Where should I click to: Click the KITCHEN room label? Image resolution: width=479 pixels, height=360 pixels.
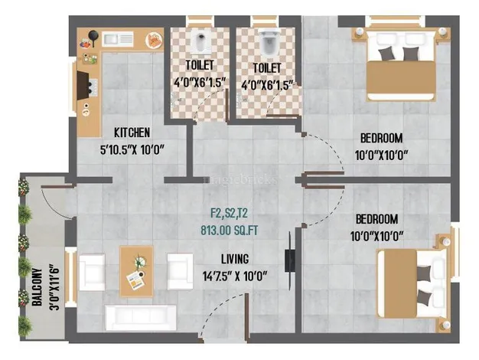point(132,133)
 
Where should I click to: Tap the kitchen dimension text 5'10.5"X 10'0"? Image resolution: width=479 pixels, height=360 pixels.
point(132,150)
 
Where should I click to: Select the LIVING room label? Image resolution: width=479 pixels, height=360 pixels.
point(235,259)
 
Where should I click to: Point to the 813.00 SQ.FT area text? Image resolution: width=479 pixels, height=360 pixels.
point(230,231)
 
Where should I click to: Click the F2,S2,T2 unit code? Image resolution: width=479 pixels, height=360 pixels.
point(229,213)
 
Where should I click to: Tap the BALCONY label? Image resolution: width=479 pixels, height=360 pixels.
point(37,287)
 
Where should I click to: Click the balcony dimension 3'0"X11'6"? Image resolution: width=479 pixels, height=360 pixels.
point(54,287)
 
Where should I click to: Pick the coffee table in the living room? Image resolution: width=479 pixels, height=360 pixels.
point(136,271)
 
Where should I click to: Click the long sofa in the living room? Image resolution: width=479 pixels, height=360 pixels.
point(141,317)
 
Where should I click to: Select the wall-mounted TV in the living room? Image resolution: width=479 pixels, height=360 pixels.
point(289,260)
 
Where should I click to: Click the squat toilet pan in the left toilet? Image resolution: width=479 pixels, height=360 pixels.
point(200,42)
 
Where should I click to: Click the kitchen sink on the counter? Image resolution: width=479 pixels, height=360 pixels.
point(118,39)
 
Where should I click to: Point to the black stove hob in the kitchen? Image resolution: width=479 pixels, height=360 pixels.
point(87,85)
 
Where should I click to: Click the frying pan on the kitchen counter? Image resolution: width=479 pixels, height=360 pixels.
point(93,37)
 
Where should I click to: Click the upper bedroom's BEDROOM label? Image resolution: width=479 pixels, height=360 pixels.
point(381,138)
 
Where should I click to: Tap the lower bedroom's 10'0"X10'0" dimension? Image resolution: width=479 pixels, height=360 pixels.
point(377,237)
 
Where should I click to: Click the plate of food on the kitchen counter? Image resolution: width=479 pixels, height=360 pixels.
point(154,40)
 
